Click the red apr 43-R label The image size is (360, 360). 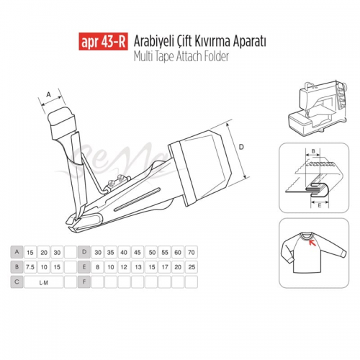[x=103, y=41]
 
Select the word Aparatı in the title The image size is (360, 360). [x=249, y=42]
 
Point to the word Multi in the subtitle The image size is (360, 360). [x=143, y=57]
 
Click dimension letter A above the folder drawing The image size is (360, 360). [x=49, y=95]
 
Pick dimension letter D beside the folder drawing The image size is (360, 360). [x=241, y=147]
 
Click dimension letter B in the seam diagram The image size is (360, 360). [x=313, y=151]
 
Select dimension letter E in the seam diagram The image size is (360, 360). [x=319, y=205]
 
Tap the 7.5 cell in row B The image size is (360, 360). [x=30, y=267]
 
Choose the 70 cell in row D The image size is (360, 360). [x=192, y=252]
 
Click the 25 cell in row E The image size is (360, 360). [x=192, y=267]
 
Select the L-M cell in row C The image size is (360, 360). [x=44, y=282]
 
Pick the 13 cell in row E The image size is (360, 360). [x=138, y=267]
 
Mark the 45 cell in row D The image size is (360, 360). [x=138, y=252]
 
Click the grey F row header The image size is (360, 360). [x=84, y=282]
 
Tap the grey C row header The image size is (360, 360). [x=17, y=282]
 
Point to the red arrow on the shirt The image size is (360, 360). [x=312, y=243]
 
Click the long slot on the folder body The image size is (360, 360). [x=137, y=199]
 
